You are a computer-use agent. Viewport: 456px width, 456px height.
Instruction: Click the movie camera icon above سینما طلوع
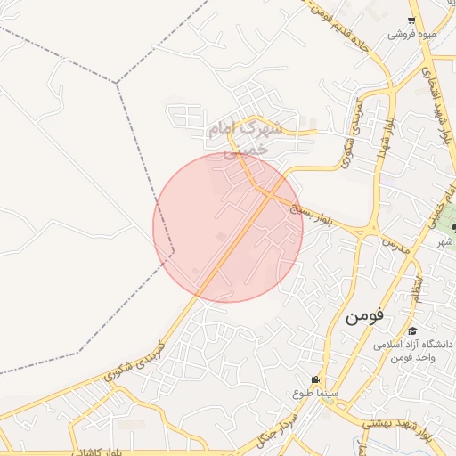point(315,379)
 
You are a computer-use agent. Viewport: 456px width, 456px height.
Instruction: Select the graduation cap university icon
point(412,330)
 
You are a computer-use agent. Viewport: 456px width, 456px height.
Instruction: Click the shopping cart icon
point(411,21)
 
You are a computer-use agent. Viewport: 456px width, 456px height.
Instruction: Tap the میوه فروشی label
point(411,35)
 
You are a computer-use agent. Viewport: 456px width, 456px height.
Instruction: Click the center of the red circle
point(228,227)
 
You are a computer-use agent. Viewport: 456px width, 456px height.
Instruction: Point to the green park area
point(446,215)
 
